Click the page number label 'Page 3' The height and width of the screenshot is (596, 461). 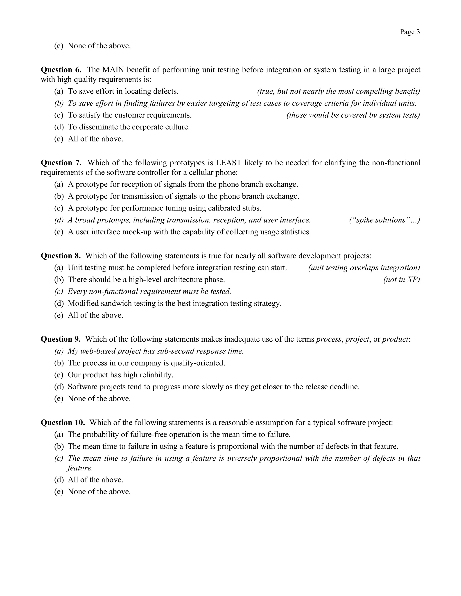(x=410, y=32)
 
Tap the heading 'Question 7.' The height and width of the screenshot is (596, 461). (x=61, y=163)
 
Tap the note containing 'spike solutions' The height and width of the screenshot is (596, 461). (x=384, y=220)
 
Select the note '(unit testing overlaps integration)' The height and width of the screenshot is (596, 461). (x=364, y=268)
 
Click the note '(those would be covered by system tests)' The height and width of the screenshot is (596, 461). (x=353, y=115)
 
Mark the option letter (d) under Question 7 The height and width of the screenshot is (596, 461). (x=59, y=220)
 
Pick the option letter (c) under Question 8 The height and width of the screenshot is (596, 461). (x=59, y=291)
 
